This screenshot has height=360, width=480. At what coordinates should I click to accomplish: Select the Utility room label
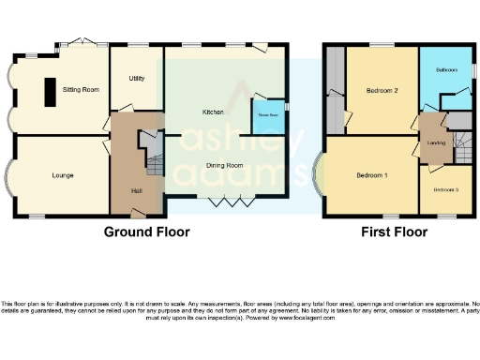point(136,79)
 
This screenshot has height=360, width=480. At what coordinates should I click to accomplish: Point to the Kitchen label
point(212,112)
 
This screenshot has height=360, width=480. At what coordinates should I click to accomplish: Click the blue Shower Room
point(268,117)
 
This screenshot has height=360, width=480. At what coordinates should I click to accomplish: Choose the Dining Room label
point(226,165)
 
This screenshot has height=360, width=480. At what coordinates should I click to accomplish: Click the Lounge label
point(62,175)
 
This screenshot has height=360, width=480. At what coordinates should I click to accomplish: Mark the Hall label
point(137,189)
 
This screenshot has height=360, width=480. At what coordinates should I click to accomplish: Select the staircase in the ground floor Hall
point(154,165)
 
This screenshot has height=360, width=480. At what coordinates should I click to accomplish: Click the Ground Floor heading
point(146,232)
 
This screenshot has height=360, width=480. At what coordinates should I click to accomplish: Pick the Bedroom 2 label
point(382,90)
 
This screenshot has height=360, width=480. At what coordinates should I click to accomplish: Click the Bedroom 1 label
point(372,175)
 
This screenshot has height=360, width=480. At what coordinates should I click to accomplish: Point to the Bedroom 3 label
point(445,189)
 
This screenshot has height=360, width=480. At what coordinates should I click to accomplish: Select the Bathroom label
point(446,70)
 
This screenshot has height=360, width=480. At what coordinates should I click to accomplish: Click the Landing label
point(433,142)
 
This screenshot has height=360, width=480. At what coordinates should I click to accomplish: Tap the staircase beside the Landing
point(460,142)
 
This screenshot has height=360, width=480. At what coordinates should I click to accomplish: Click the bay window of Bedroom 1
point(323,175)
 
